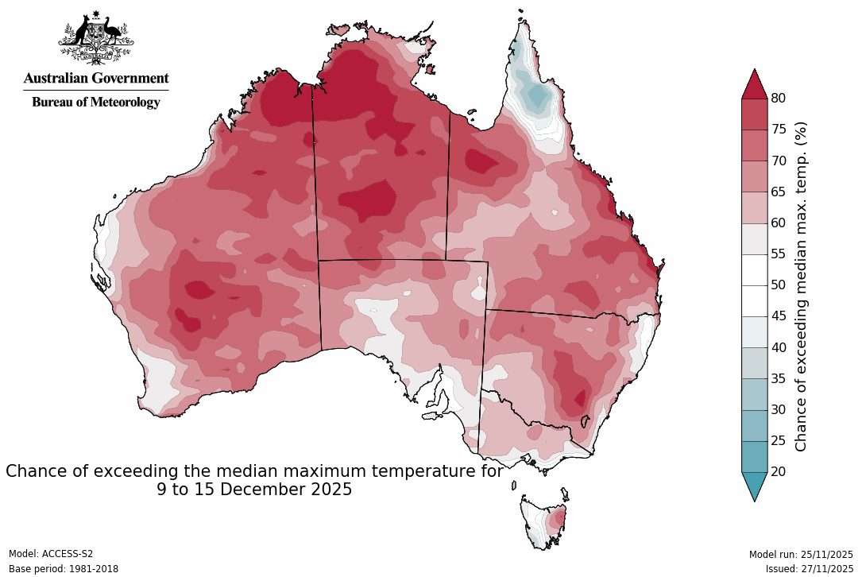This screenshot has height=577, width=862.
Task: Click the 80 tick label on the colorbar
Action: click(779, 98)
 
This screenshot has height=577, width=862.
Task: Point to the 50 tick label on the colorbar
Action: click(779, 285)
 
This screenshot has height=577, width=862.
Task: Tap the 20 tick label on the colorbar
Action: click(779, 471)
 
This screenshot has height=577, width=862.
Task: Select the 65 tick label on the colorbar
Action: click(779, 192)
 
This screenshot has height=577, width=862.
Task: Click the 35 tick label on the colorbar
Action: click(779, 378)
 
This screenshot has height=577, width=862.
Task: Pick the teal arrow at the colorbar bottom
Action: click(754, 485)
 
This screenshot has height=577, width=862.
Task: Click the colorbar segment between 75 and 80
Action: click(754, 114)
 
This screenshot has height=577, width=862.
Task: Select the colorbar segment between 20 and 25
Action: click(754, 456)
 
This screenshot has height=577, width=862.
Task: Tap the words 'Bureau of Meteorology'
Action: click(96, 102)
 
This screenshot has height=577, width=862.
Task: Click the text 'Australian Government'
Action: click(96, 78)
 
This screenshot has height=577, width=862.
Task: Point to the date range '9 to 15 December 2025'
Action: click(254, 490)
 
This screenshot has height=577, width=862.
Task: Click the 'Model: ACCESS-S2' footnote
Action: click(51, 554)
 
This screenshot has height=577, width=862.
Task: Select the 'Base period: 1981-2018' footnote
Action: click(62, 569)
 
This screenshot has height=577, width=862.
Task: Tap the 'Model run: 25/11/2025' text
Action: click(801, 554)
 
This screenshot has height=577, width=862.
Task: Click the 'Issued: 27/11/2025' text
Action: click(809, 569)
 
